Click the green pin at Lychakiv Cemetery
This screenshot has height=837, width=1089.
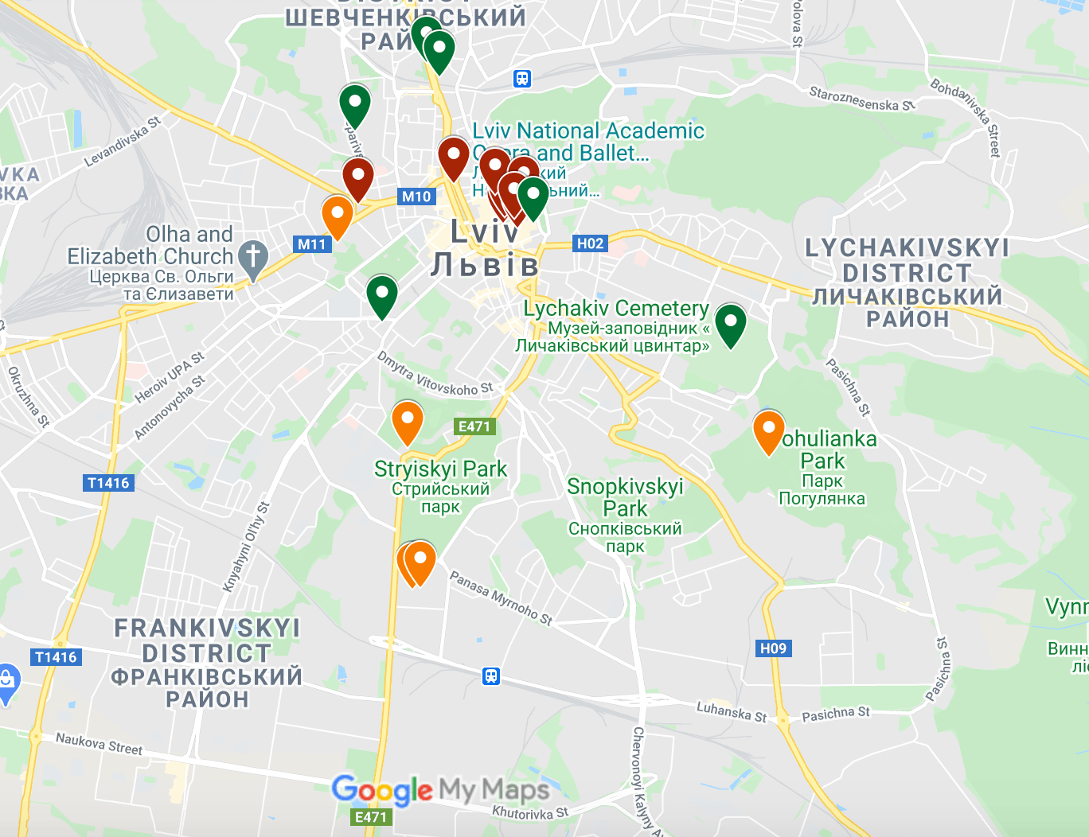point(730,322)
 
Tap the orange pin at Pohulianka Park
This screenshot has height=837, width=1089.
point(769,430)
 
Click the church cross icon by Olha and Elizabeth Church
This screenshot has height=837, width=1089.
point(253,258)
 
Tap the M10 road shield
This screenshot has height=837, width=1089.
point(416,197)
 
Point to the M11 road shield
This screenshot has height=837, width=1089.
point(312,244)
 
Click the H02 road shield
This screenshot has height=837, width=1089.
point(590,243)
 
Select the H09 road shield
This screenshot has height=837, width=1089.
point(773,648)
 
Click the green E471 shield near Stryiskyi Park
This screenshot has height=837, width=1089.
point(474,426)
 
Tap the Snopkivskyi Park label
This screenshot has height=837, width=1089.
point(625,497)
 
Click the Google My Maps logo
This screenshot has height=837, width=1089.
point(440,790)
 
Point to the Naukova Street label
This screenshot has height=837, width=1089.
point(99,744)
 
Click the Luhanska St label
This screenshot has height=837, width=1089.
point(731,711)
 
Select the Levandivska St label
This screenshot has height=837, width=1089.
point(123,142)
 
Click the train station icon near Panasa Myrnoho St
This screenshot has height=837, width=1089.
point(491,676)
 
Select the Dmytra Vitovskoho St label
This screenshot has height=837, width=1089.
point(435,376)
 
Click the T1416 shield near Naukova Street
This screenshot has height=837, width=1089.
point(56,657)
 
